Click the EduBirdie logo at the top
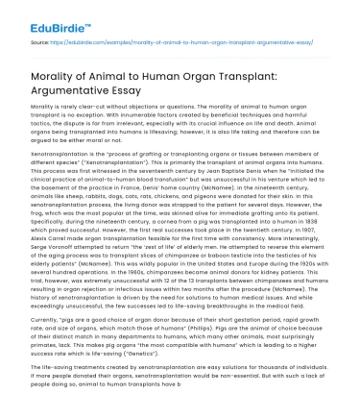click(x=40, y=19)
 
